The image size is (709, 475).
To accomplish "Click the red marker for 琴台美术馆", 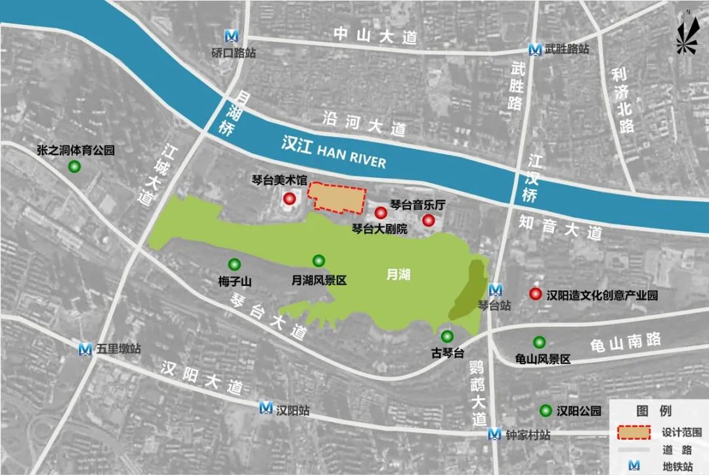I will point(290,199).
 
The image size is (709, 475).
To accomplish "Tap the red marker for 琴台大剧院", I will point(380,213).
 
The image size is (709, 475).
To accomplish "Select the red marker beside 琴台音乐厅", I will point(429,220).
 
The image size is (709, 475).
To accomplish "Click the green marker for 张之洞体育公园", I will point(75,167).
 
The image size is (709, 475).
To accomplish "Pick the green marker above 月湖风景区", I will point(319,260).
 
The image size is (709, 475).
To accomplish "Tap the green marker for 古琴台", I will point(447,337).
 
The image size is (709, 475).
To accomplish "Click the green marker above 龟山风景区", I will point(540,342).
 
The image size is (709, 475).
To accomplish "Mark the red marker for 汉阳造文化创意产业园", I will point(536,295).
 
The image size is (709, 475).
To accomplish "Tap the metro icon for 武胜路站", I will point(536,49).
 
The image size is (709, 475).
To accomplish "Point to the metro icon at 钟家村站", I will point(496,434).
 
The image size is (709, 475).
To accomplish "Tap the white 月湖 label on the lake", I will point(398,274).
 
